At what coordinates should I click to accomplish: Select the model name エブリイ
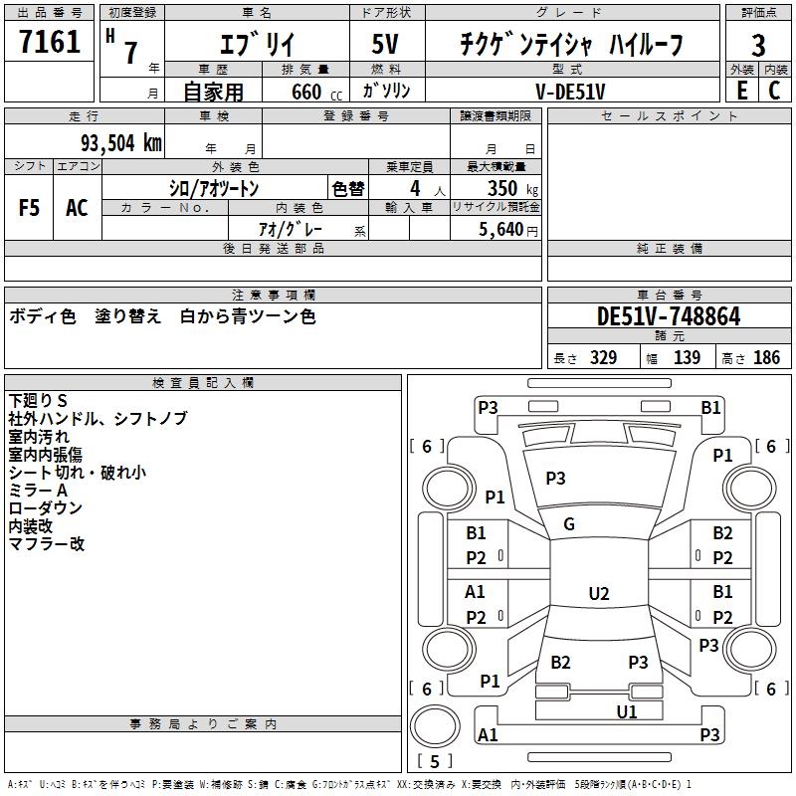(x=255, y=45)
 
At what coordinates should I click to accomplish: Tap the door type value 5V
(x=387, y=45)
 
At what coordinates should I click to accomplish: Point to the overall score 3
(x=758, y=45)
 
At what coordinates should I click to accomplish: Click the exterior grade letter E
(x=741, y=91)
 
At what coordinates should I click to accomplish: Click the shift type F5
(x=30, y=208)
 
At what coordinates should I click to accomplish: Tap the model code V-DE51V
(x=571, y=91)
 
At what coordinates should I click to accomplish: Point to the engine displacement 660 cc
(x=306, y=92)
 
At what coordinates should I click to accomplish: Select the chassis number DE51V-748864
(x=668, y=316)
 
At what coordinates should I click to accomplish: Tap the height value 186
(x=766, y=358)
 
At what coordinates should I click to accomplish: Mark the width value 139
(x=687, y=358)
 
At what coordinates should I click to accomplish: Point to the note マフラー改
(x=47, y=544)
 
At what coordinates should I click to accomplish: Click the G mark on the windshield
(x=569, y=523)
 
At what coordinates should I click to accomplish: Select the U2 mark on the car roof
(x=598, y=593)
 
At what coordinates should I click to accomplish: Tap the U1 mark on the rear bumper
(x=626, y=711)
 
